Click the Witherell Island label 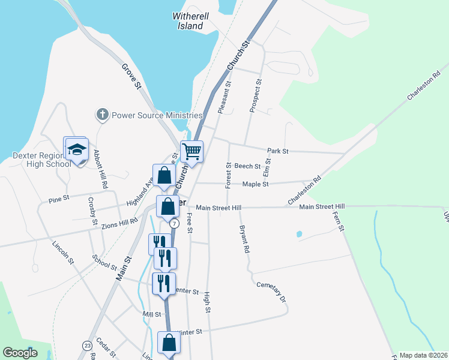point(190,21)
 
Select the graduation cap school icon point(76,149)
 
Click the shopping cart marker point(191,152)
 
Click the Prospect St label point(255,95)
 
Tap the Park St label point(278,151)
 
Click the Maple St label point(255,184)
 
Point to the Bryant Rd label point(244,239)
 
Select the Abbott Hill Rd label point(100,169)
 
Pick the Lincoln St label point(62,253)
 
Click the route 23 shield point(87,346)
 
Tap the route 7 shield point(174,223)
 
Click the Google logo point(20,352)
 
